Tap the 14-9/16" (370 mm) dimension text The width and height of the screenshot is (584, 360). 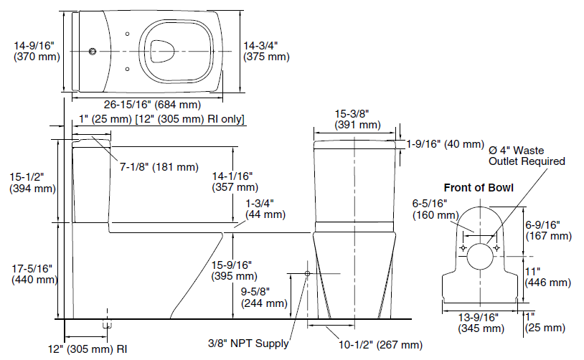(x=37, y=51)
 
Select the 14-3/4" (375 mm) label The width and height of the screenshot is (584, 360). (x=266, y=51)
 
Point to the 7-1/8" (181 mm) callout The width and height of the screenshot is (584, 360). (x=159, y=167)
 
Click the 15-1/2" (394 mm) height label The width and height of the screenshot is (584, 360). (x=32, y=182)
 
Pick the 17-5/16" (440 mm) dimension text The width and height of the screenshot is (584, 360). (x=34, y=274)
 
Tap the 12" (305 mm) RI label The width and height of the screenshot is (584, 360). (x=88, y=349)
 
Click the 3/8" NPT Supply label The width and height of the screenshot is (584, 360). (x=248, y=344)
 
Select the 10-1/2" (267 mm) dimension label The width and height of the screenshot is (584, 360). (x=380, y=345)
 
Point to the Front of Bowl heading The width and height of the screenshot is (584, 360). (x=479, y=188)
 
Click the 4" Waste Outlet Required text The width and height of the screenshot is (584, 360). (x=527, y=156)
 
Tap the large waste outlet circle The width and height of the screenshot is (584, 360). (x=481, y=256)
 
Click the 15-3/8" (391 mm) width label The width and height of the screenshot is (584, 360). (x=357, y=119)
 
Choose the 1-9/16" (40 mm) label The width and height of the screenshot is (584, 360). (x=445, y=144)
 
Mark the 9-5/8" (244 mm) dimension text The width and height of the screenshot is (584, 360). (x=264, y=297)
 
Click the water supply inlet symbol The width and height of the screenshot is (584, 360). (x=307, y=274)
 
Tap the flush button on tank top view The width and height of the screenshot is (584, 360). (x=93, y=52)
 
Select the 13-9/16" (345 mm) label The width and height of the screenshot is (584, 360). (x=481, y=323)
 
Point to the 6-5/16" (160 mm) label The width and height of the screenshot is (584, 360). (x=435, y=209)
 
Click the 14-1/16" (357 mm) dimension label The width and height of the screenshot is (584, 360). (x=235, y=181)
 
